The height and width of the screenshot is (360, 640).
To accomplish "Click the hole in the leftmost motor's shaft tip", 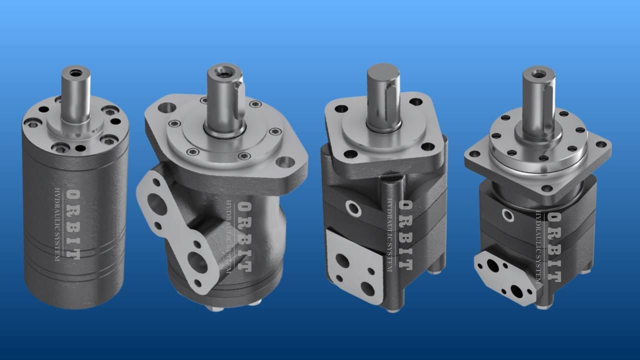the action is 76,73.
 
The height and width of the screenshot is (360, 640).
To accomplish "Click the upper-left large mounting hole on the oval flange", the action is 167,108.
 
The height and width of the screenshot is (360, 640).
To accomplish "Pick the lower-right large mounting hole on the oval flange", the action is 285,162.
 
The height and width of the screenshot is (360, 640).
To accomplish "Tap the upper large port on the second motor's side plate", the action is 157,204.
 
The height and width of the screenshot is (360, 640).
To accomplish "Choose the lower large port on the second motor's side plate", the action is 197,261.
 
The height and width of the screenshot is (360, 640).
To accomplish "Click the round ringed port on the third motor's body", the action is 353,208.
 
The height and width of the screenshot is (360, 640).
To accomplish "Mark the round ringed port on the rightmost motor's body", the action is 508,215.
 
